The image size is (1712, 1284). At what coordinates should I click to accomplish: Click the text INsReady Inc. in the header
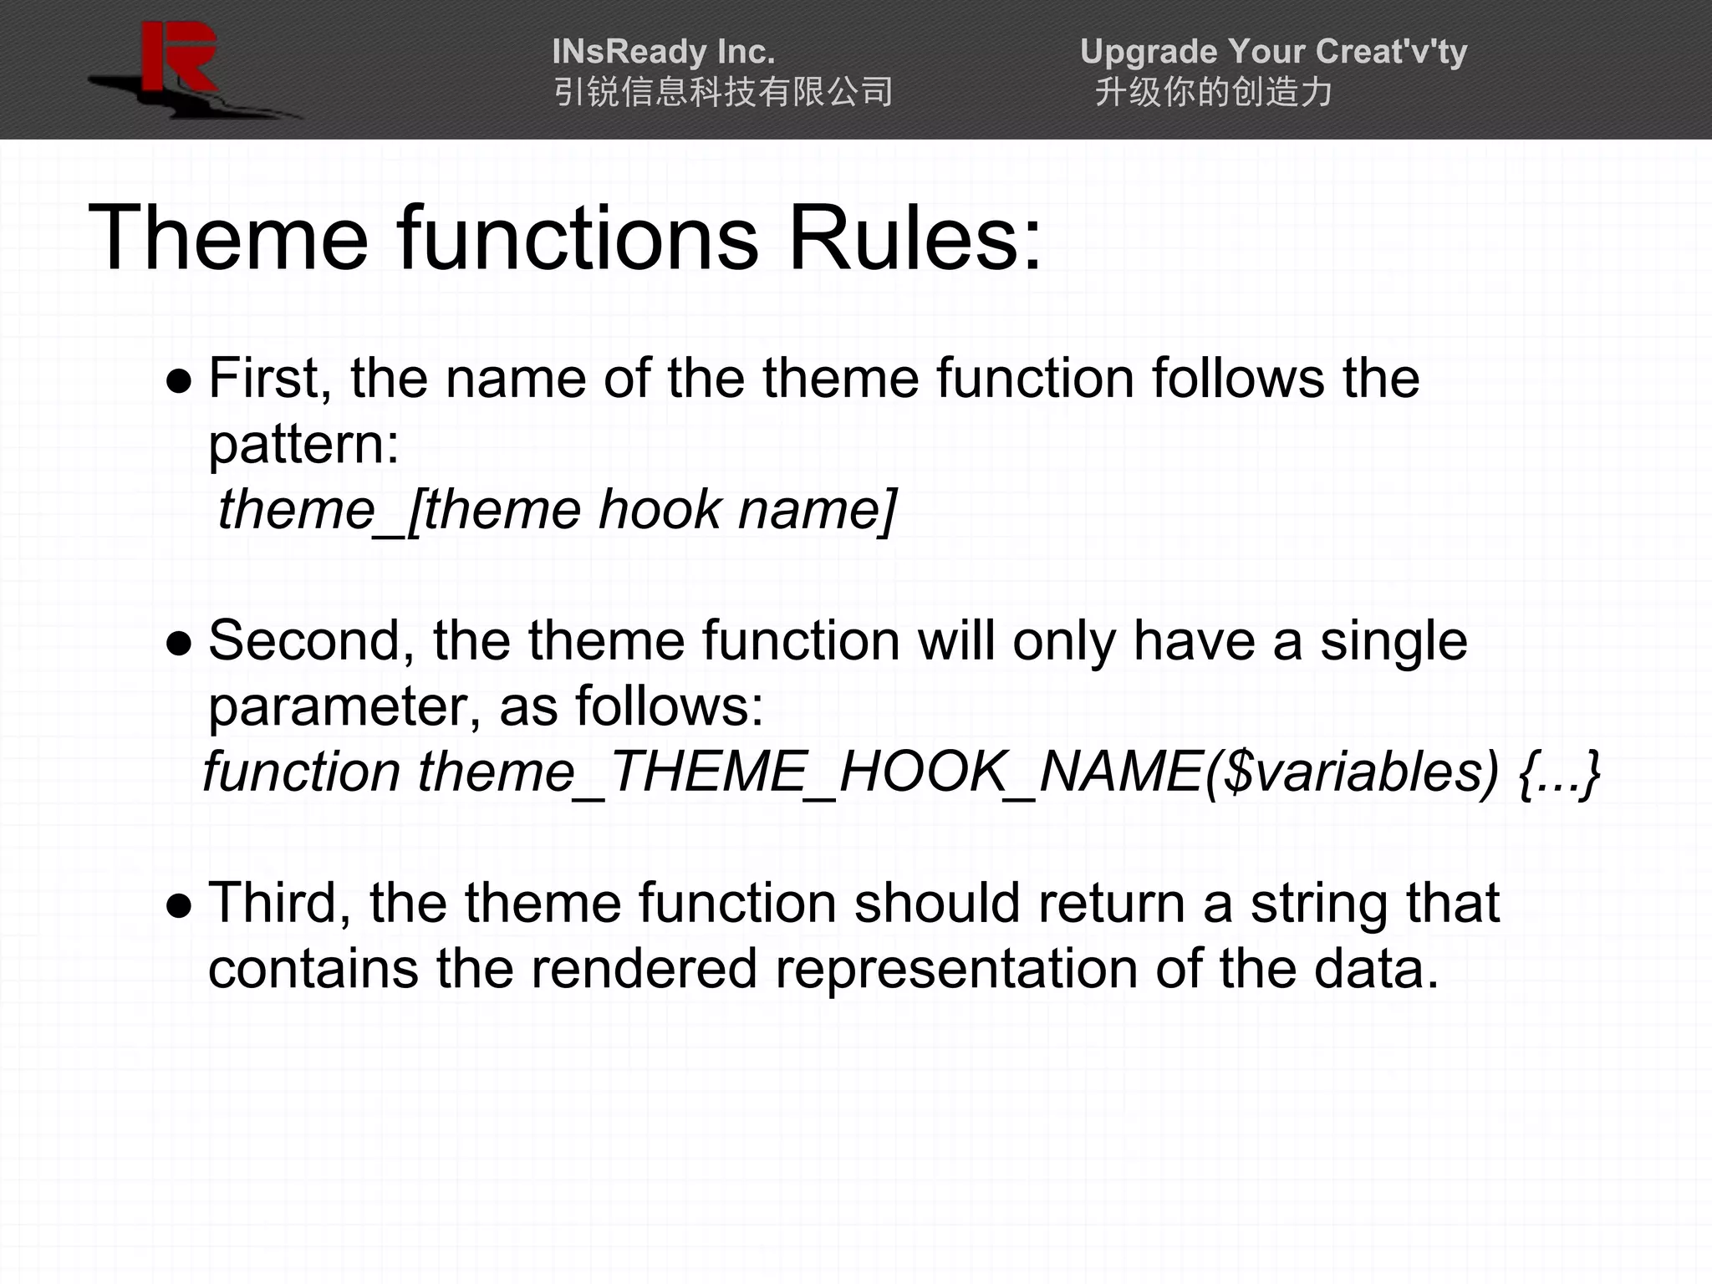664,52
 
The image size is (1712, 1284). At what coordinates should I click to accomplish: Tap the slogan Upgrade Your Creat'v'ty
1273,53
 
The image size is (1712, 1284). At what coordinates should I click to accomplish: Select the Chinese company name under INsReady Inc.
723,92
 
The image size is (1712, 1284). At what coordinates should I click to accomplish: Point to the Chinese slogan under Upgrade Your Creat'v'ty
1213,92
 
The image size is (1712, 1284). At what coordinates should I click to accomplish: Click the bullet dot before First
179,382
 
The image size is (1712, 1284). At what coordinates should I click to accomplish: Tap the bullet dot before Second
179,645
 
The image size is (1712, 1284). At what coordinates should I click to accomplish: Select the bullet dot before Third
179,907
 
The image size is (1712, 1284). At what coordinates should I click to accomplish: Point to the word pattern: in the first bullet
303,446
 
